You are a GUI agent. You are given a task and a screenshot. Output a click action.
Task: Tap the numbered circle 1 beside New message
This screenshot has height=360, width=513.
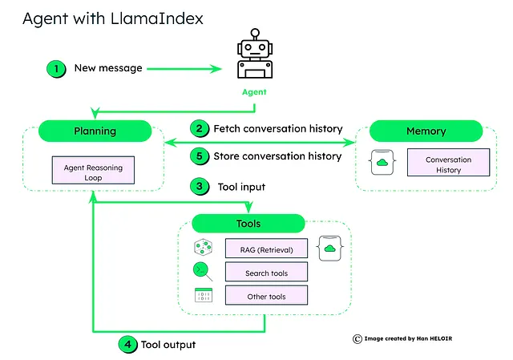click(56, 69)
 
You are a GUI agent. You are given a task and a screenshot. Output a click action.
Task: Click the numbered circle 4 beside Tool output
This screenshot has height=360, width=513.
click(127, 345)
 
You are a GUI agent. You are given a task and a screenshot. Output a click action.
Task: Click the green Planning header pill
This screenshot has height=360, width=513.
click(95, 131)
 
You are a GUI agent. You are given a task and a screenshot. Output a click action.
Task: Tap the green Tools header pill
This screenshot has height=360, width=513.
click(248, 224)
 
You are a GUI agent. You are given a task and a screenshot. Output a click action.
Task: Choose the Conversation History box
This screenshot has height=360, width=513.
click(448, 165)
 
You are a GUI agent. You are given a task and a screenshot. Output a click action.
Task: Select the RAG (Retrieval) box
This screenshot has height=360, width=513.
click(266, 249)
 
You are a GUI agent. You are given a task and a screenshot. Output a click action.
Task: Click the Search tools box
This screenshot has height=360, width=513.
click(266, 273)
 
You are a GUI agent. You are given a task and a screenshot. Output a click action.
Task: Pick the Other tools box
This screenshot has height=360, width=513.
click(266, 296)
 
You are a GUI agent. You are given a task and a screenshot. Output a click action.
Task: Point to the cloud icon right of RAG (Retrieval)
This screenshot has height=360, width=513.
click(329, 249)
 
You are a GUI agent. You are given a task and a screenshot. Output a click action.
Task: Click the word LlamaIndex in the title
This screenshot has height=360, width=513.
click(167, 18)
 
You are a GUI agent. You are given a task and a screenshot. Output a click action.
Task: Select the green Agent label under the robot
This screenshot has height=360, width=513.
click(254, 92)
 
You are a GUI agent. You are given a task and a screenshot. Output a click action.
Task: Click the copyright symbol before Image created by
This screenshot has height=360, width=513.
click(357, 338)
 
